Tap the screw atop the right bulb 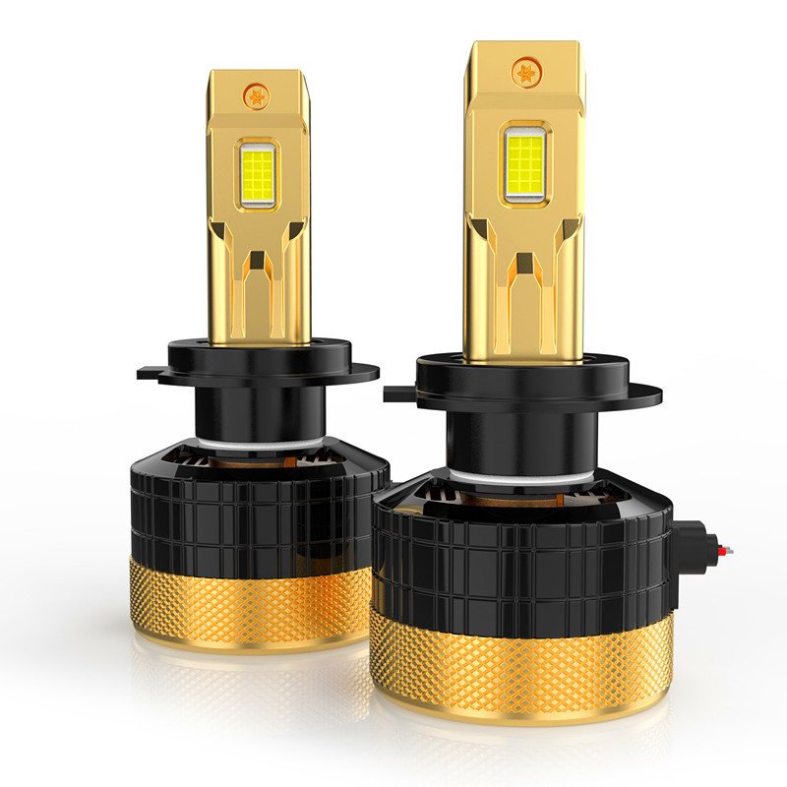[524, 71]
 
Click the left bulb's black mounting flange [261, 359]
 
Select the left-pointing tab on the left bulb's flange [146, 373]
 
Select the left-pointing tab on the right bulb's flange [393, 394]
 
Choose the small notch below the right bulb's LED [526, 266]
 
